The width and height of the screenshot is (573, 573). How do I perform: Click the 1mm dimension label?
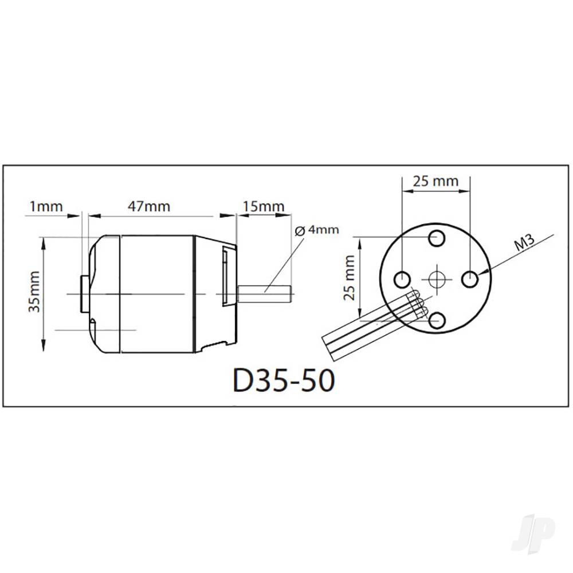46,206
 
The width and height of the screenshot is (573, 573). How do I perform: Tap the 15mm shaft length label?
263,205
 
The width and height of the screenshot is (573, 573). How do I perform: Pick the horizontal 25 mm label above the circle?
436,181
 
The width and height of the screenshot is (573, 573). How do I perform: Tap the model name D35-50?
282,380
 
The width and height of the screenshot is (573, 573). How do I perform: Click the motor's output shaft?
266,293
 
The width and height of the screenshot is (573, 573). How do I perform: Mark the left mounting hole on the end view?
402,279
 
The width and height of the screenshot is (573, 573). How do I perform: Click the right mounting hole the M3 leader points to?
470,280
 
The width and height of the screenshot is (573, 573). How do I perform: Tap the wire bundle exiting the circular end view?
367,329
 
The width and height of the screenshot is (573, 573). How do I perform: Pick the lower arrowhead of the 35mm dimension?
44,347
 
